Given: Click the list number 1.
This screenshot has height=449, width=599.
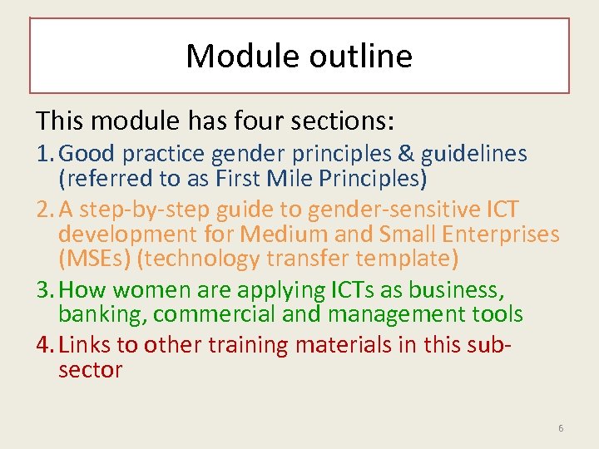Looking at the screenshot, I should coord(42,154).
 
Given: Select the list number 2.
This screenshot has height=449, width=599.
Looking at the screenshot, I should coord(43,210).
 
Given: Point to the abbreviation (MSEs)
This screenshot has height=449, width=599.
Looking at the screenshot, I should coord(94,259).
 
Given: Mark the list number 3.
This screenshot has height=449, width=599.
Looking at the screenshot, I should coord(43,289).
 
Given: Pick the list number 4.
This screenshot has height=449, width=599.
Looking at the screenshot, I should coord(43,345).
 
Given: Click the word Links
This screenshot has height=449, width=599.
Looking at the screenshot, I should coord(87,345).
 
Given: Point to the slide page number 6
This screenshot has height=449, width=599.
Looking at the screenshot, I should coord(560,428).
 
